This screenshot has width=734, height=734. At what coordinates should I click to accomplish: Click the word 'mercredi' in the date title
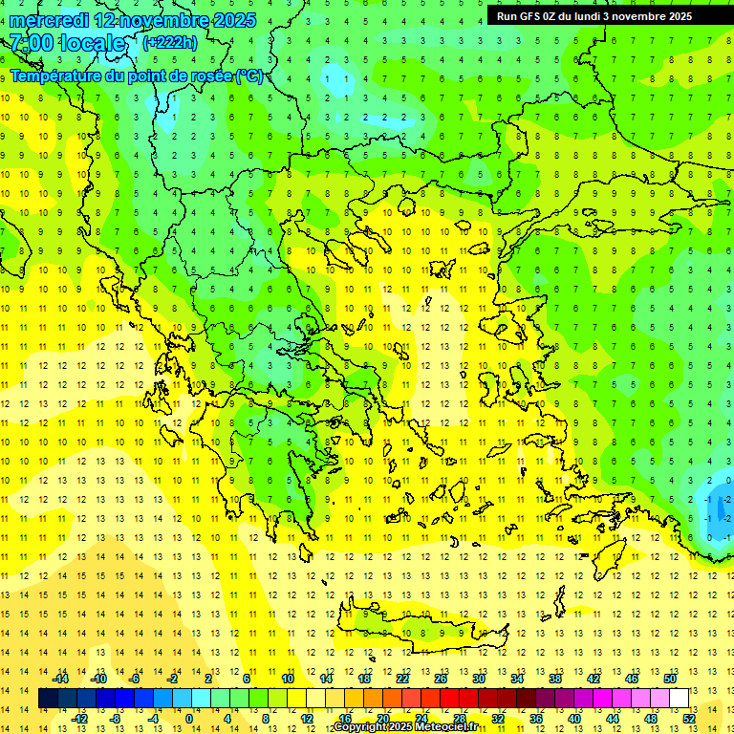[49, 20]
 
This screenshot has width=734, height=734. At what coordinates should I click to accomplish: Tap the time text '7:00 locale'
[68, 43]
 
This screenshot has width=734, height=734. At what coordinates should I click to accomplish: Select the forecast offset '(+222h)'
[170, 42]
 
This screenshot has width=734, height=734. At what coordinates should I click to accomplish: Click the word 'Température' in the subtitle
[56, 76]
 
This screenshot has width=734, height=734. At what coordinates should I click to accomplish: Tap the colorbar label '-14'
[60, 679]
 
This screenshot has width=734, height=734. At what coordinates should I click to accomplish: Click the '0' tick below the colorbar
[188, 719]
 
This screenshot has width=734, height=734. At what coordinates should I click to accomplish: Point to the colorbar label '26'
[441, 679]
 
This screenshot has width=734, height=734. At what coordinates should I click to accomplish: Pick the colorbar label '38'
[555, 679]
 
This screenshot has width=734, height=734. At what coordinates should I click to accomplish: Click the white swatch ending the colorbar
[679, 699]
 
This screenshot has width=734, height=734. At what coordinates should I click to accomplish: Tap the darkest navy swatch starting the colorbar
[48, 699]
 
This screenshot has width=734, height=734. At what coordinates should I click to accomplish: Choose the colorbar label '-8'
[115, 719]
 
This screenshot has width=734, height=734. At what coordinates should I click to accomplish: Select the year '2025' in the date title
[229, 20]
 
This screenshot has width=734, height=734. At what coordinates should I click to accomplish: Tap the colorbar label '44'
[613, 719]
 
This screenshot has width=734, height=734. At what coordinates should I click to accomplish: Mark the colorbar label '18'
[364, 679]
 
